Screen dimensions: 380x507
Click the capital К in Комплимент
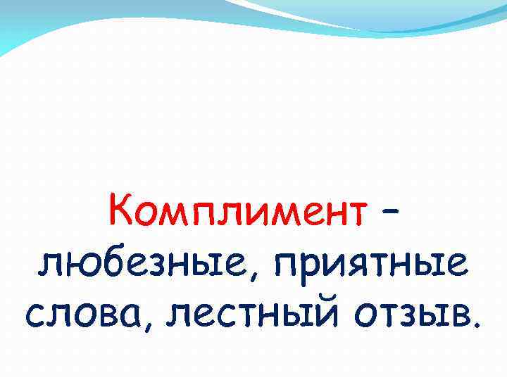pyautogui.click(x=120, y=208)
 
